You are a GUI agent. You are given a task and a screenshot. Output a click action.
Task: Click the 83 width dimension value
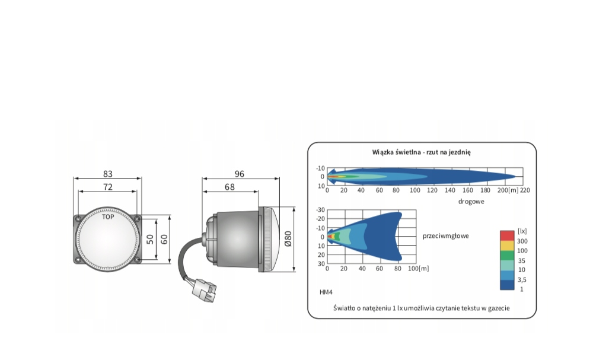(x=108, y=174)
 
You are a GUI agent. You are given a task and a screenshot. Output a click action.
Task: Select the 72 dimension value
(x=108, y=187)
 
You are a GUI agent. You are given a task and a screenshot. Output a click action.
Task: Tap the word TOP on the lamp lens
(x=108, y=217)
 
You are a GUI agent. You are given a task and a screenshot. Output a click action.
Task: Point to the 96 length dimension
(x=240, y=174)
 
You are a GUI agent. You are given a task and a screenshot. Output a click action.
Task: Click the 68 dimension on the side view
(x=229, y=187)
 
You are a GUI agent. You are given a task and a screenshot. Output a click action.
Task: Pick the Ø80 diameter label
(x=288, y=239)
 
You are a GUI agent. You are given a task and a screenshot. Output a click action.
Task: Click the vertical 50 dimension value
(x=150, y=240)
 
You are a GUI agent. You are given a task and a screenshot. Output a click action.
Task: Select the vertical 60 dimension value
(x=164, y=240)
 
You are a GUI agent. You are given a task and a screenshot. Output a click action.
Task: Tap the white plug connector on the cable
(x=204, y=291)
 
